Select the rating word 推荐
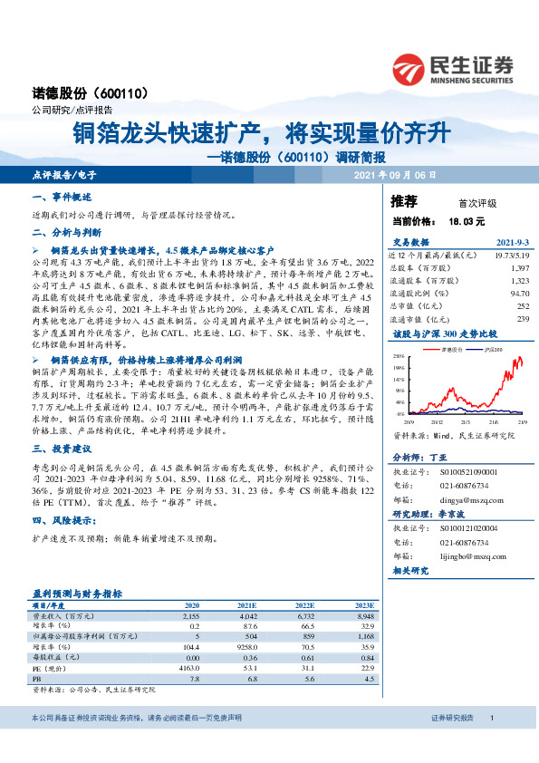403,201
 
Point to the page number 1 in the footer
490,743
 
